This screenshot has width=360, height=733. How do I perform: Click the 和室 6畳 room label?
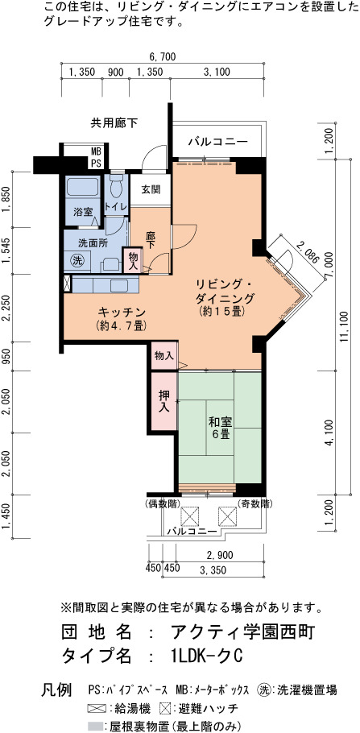[x=219, y=427]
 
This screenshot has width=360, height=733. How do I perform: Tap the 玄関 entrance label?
[x=151, y=189]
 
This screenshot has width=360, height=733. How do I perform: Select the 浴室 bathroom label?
[x=82, y=212]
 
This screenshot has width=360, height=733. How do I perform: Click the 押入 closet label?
[x=163, y=401]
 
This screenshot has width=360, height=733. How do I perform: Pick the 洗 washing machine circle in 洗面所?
[x=77, y=260]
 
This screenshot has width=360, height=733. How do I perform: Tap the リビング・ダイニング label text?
[x=225, y=291]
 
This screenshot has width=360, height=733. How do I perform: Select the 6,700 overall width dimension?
[x=162, y=57]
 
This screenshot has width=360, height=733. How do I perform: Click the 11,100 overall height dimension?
[x=345, y=327]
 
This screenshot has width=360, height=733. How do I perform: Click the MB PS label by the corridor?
[x=96, y=158]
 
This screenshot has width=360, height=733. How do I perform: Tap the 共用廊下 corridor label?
[x=114, y=123]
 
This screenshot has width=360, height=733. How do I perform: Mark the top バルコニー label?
[x=218, y=142]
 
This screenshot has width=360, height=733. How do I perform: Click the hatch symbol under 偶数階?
[x=190, y=516]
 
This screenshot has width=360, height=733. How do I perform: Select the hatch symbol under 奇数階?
[x=228, y=516]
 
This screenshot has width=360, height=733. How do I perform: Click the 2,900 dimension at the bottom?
[x=220, y=555]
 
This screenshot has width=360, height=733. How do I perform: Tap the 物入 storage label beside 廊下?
[x=132, y=259]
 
